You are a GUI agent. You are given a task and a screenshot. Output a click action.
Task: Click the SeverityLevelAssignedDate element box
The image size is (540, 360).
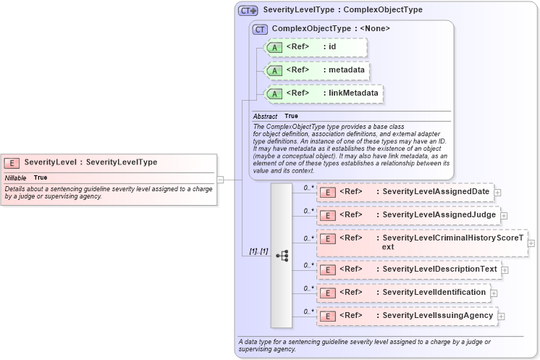pos(405,192)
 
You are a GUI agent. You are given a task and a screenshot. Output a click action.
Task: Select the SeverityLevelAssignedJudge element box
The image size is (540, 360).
pos(408,215)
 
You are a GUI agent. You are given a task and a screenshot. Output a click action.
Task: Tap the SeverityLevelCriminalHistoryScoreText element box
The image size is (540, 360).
pos(422,242)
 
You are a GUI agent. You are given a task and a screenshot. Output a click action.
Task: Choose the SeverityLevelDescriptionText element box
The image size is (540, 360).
pos(408,269)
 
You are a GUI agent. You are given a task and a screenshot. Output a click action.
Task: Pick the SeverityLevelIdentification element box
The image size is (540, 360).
pos(404,293)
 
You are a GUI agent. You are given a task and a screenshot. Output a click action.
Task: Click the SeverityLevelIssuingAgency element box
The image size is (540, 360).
pos(407,316)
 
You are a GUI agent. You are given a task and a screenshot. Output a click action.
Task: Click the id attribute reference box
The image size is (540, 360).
pos(316,47)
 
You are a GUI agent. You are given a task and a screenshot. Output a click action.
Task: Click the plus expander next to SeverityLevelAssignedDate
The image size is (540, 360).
pos(498,193)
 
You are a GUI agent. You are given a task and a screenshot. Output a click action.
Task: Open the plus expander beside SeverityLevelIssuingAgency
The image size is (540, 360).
pos(501,317)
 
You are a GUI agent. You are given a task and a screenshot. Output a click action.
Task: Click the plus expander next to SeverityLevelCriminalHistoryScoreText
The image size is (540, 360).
pos(531,243)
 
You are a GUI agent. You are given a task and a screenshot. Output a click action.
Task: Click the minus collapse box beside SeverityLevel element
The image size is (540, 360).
pos(220,180)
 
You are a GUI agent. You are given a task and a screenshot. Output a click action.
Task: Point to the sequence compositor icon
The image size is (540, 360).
pos(282,255)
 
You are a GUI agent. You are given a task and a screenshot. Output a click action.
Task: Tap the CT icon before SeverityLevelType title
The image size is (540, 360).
pos(248,10)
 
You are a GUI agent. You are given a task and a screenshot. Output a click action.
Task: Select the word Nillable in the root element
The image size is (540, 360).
pos(16,177)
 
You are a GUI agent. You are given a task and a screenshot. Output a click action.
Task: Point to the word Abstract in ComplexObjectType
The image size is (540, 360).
pos(265,116)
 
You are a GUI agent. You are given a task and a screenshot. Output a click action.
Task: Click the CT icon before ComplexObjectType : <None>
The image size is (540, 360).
pos(260,29)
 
